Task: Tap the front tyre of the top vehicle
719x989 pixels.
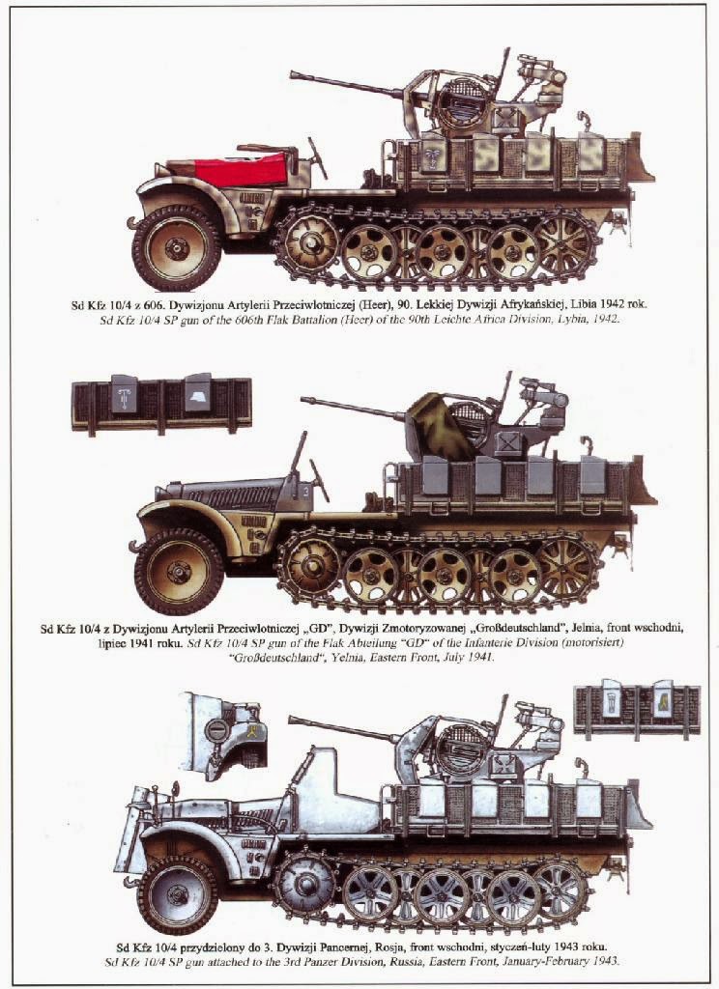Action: [177, 248]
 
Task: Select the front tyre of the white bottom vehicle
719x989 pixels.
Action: [178, 893]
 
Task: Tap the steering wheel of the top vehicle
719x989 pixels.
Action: [316, 157]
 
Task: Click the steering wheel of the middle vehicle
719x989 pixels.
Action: [318, 481]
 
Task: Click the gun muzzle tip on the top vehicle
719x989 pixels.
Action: [292, 75]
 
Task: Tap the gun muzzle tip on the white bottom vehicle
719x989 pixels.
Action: [291, 720]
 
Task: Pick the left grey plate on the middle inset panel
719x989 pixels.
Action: [125, 394]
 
